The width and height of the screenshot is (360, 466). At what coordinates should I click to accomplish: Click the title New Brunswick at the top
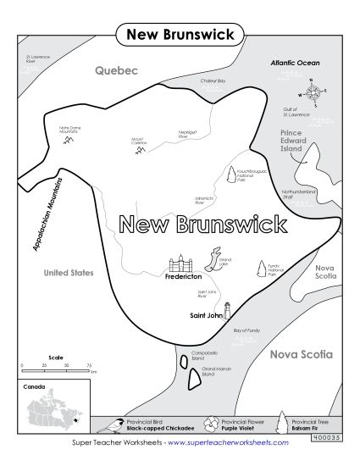click(180, 34)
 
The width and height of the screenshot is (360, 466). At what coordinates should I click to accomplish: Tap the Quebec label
click(116, 71)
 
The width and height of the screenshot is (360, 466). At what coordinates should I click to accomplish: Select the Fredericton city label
click(183, 276)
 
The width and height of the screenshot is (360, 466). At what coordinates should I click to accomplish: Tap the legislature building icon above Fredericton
click(182, 261)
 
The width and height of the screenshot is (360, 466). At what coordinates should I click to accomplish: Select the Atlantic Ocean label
click(295, 63)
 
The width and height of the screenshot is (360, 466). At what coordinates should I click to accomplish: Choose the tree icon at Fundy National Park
click(260, 269)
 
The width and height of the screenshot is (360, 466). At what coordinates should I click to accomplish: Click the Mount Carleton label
click(138, 141)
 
